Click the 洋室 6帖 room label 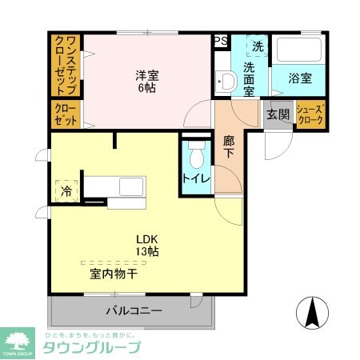pyautogui.click(x=146, y=82)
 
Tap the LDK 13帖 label pyautogui.click(x=146, y=245)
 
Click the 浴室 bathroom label pyautogui.click(x=301, y=78)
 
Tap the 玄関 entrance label pyautogui.click(x=278, y=114)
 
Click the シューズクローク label pyautogui.click(x=310, y=114)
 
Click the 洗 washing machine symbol pyautogui.click(x=258, y=47)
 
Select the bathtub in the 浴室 pyautogui.click(x=300, y=52)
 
